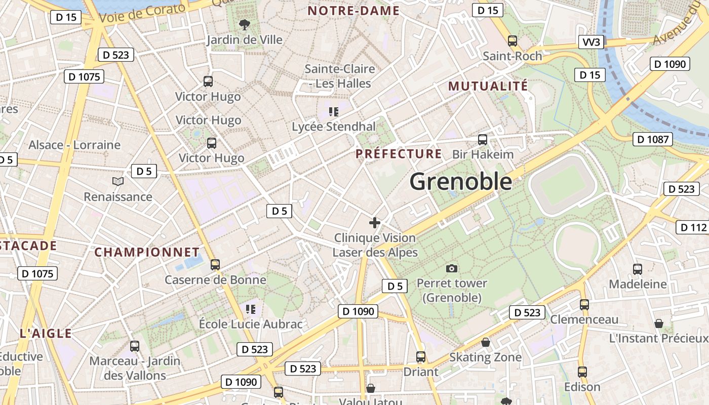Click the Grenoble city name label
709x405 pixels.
[460, 181]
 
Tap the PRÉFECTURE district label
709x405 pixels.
[399, 154]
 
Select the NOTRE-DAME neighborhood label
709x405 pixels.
[353, 11]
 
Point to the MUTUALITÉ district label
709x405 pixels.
[488, 86]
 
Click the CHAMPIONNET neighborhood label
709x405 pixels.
[147, 252]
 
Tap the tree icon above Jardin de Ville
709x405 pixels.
[244, 24]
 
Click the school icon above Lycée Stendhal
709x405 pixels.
[333, 111]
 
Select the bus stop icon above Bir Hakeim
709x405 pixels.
[482, 139]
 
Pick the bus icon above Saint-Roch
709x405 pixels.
[512, 41]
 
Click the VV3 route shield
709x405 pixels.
[591, 42]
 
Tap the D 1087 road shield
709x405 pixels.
[652, 139]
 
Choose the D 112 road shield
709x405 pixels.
[693, 227]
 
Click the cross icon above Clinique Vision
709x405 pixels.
[375, 223]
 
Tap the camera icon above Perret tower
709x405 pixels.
[452, 268]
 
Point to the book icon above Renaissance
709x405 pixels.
[117, 181]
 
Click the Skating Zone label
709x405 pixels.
[485, 357]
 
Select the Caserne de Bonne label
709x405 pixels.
[215, 280]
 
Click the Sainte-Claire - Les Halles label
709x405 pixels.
[339, 76]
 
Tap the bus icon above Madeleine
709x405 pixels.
[637, 269]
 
